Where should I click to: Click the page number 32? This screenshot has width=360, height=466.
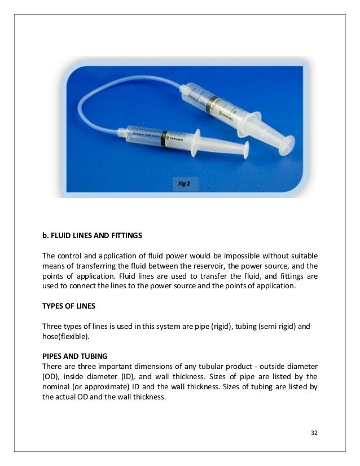coord(314,433)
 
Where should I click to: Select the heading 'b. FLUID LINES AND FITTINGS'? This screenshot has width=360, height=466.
coord(93,234)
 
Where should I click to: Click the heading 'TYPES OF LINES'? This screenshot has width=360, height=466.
coord(69,307)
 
